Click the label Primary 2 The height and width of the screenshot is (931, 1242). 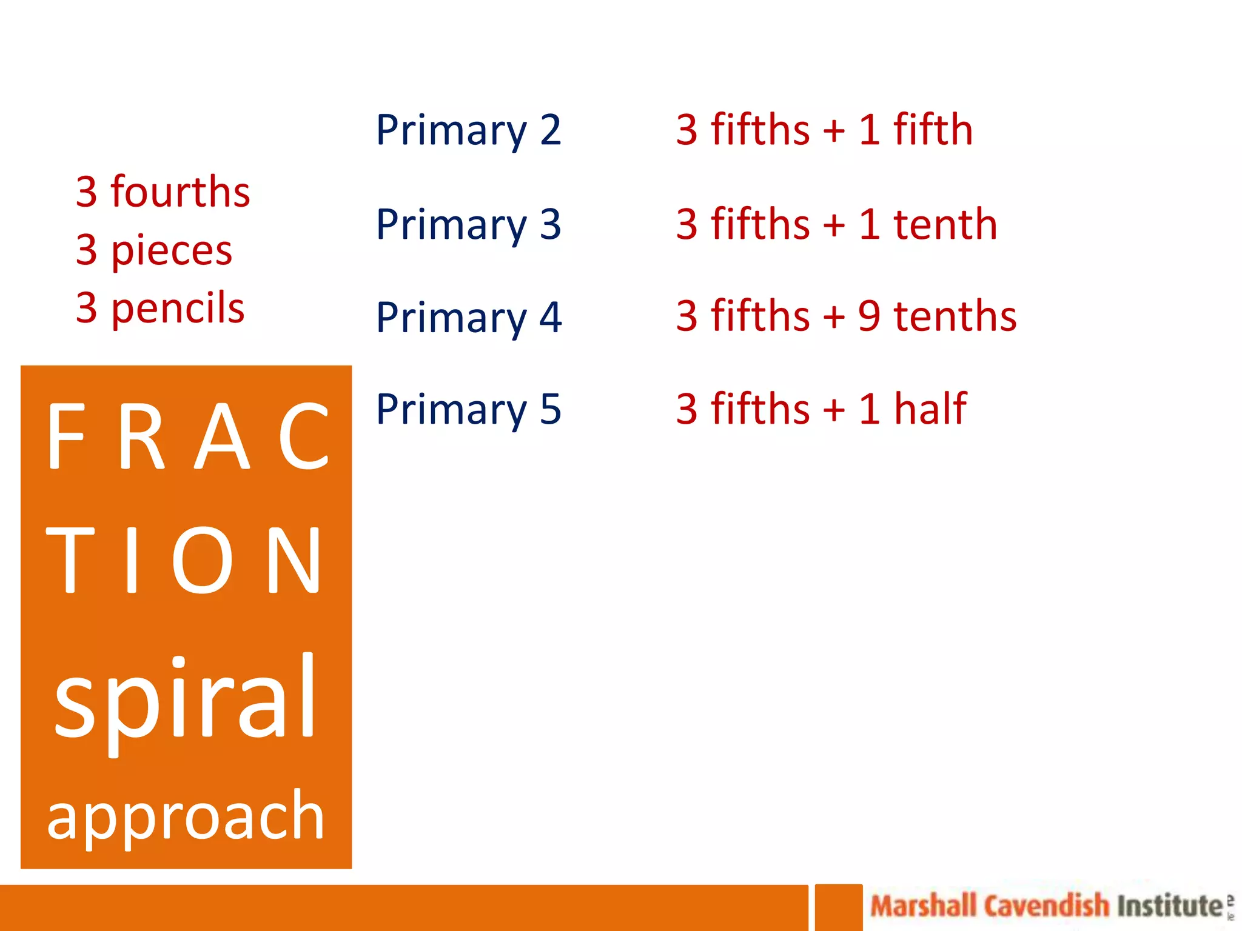pyautogui.click(x=468, y=130)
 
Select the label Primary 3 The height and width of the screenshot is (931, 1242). pyautogui.click(x=468, y=225)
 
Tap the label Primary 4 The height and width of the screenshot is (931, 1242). pyautogui.click(x=468, y=318)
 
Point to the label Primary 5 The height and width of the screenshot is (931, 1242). pyautogui.click(x=468, y=410)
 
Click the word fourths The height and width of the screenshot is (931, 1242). pyautogui.click(x=180, y=192)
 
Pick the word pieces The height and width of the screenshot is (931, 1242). pyautogui.click(x=172, y=250)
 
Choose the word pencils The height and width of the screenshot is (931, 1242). pyautogui.click(x=178, y=308)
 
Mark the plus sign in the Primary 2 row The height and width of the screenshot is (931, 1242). pyautogui.click(x=834, y=130)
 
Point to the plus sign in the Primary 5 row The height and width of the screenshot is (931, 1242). pyautogui.click(x=834, y=410)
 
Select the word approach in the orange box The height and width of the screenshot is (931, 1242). pyautogui.click(x=186, y=816)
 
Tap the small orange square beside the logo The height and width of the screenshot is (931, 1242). pyautogui.click(x=838, y=907)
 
